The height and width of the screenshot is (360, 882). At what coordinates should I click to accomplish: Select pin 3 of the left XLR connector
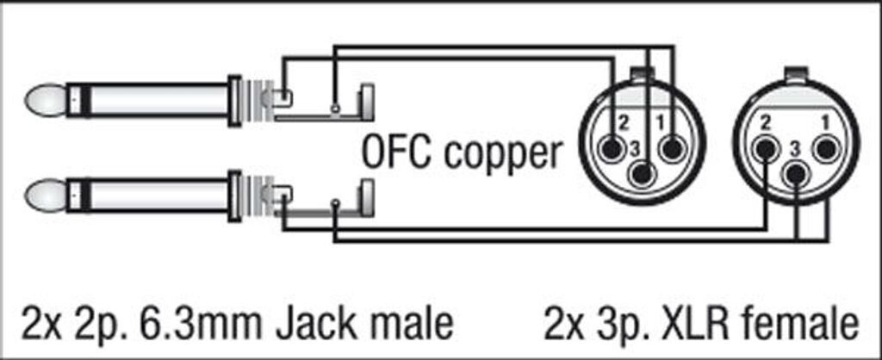point(640,175)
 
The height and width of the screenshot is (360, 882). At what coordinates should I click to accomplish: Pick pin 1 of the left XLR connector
point(668,149)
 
